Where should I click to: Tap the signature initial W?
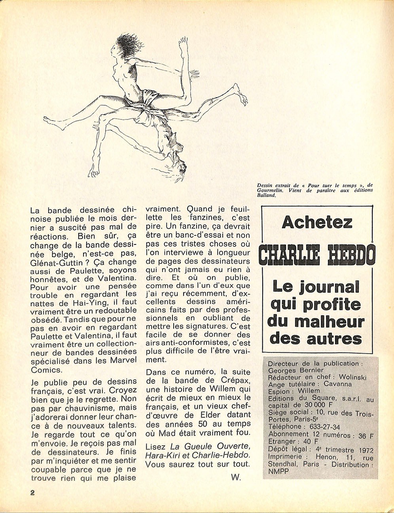click(236, 477)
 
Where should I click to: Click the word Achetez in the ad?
click(317, 223)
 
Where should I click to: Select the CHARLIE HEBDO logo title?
click(317, 256)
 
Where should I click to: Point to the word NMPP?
click(278, 471)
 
